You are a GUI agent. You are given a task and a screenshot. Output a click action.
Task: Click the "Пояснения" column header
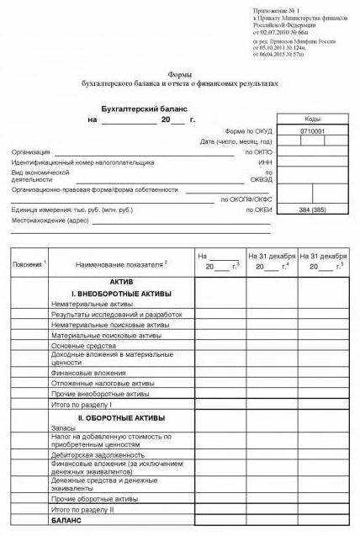click(x=29, y=264)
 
